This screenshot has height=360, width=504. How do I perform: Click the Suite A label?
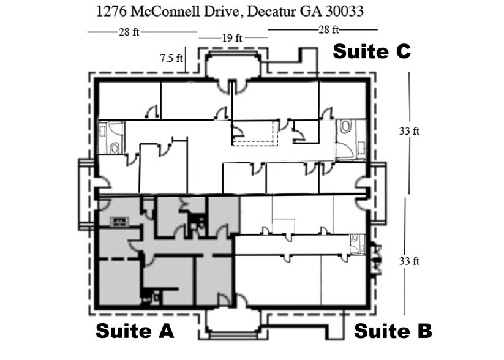tap(135, 331)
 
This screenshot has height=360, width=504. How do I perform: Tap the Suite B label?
tap(393, 331)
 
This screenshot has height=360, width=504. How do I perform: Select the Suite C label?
tap(371, 53)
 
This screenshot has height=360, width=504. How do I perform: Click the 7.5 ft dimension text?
tap(171, 59)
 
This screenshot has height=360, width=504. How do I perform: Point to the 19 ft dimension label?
tap(232, 38)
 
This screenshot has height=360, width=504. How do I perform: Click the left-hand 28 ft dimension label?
tap(129, 32)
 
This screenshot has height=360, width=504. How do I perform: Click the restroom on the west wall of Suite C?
tap(111, 137)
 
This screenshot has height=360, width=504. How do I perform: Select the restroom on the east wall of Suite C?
tap(350, 139)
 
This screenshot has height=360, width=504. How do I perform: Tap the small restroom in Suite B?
tap(357, 244)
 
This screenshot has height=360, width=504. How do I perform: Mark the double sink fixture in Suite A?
tap(118, 221)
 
